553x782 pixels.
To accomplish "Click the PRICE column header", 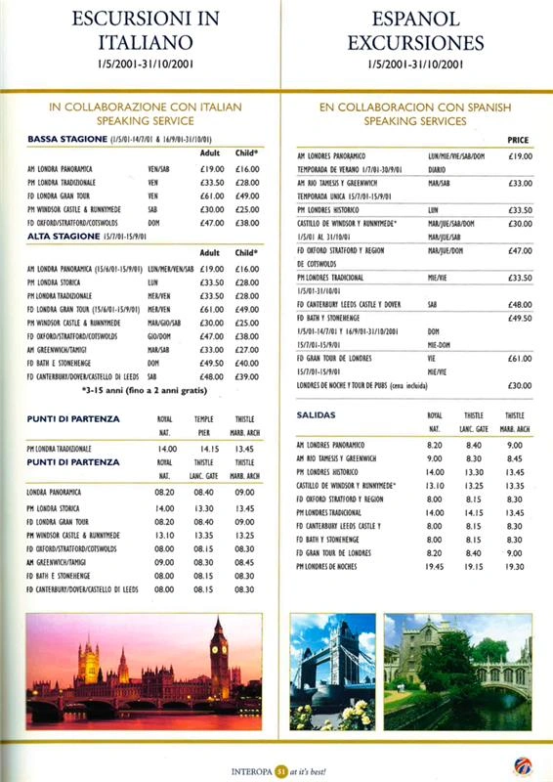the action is [x=518, y=141].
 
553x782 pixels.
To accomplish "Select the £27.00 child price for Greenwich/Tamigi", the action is [x=246, y=349].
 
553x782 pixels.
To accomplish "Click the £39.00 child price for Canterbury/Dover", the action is [x=246, y=375].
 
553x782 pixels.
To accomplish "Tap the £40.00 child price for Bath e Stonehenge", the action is [x=246, y=363].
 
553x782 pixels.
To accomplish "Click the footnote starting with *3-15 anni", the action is [x=141, y=391].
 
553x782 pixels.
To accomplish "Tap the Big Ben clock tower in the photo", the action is [x=219, y=660].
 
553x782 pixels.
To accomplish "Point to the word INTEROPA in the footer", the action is [x=250, y=768].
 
